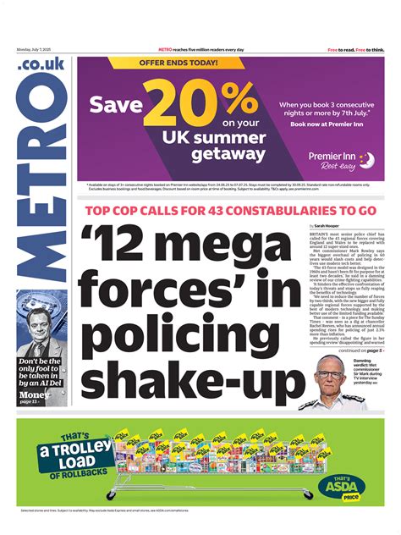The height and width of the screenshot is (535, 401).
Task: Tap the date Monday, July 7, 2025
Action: pos(33,50)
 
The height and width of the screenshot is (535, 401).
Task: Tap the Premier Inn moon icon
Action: pos(365,158)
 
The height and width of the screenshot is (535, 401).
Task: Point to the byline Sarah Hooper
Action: pos(332,227)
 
